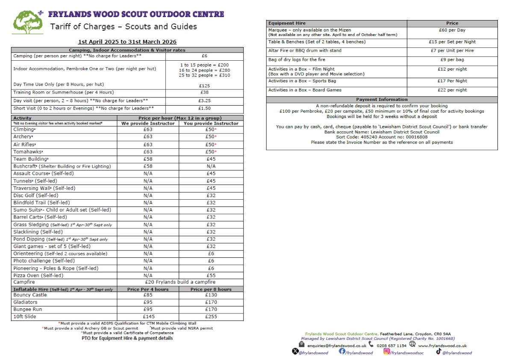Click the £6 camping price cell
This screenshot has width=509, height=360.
tap(204, 56)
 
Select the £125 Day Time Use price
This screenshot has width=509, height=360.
tap(204, 86)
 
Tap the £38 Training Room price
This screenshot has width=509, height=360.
tap(204, 92)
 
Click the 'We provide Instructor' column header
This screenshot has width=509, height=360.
tap(148, 123)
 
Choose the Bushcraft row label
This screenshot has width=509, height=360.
tap(62, 166)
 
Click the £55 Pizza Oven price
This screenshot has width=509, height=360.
tap(211, 275)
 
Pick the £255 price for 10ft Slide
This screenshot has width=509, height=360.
tap(211, 317)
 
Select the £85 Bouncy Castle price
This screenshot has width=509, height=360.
tap(148, 295)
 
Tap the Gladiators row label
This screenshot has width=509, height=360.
tap(26, 302)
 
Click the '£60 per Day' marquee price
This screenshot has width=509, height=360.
tap(452, 30)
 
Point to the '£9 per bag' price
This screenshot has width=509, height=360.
tap(452, 60)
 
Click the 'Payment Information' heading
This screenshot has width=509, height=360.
tap(382, 100)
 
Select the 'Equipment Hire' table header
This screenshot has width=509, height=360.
tap(287, 23)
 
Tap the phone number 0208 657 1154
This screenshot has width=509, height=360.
tap(391, 345)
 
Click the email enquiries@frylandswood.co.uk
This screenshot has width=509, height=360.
tap(337, 345)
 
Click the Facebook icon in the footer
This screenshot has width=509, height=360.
tap(342, 351)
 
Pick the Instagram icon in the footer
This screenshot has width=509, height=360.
tap(387, 351)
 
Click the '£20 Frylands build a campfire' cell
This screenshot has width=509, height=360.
tap(180, 282)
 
